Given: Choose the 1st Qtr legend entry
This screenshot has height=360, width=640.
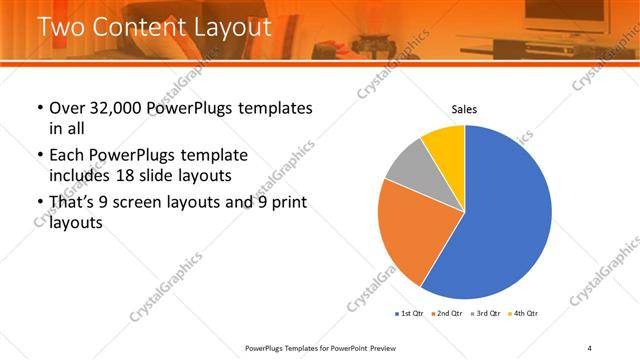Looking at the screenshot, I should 411,313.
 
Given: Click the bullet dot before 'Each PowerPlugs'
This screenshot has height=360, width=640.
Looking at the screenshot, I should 39,157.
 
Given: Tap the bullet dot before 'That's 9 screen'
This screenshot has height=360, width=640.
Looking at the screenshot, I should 39,204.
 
